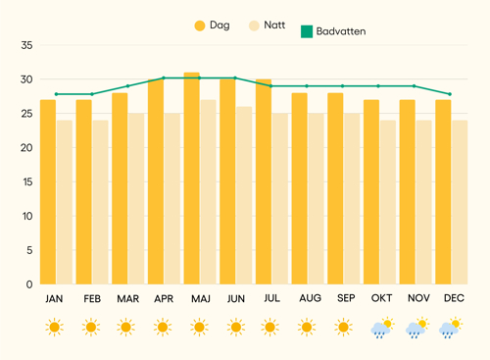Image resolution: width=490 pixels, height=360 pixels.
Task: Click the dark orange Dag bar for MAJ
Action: click(191, 179)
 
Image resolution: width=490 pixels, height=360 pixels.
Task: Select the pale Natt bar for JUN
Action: click(244, 195)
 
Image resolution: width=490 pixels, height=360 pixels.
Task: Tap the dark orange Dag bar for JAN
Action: click(48, 192)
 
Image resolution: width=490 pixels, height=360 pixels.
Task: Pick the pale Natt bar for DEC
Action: click(460, 202)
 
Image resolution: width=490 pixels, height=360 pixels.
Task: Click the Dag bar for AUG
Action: click(300, 188)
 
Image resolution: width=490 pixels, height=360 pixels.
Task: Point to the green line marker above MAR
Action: click(128, 86)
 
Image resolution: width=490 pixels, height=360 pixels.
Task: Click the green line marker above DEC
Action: click(450, 94)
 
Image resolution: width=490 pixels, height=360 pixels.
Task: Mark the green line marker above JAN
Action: click(56, 94)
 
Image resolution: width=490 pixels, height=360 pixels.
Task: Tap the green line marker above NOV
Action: click(415, 86)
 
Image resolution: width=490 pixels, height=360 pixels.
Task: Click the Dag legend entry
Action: click(212, 26)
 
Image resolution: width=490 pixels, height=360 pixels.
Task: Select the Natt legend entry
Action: click(267, 26)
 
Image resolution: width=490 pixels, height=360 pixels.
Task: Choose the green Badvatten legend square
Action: click(307, 31)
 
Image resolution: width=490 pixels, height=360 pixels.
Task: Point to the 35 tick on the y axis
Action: click(26, 45)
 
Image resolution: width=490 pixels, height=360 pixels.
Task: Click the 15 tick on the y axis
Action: click(27, 181)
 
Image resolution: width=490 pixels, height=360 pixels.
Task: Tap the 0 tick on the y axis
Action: click(29, 284)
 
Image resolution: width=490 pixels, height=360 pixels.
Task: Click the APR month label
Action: click(164, 298)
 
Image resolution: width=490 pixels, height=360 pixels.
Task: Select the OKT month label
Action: click(381, 298)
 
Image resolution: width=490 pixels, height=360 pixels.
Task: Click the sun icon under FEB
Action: click(91, 327)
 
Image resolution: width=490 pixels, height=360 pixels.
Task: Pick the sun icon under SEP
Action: click(343, 327)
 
